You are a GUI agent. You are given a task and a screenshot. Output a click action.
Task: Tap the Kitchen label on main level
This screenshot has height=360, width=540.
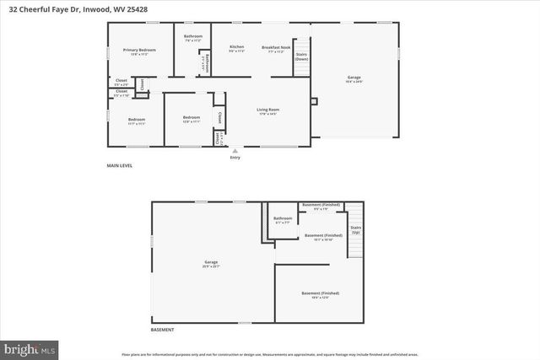[236, 48]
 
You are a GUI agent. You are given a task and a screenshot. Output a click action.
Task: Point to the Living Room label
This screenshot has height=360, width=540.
[268, 110]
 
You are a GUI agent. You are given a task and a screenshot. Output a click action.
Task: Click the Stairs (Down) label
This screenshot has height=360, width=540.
[301, 56]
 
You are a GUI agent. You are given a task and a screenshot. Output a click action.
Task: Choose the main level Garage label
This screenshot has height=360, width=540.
[354, 79]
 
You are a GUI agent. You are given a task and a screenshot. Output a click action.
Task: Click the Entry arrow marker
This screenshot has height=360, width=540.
[235, 151]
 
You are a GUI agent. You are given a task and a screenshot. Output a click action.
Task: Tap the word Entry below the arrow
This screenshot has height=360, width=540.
[235, 158]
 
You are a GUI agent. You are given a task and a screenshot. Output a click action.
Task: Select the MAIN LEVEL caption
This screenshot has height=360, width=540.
[119, 165]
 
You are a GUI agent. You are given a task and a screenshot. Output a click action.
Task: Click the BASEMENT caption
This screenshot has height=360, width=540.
[163, 330]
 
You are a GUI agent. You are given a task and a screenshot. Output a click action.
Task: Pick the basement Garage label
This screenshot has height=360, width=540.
[210, 263]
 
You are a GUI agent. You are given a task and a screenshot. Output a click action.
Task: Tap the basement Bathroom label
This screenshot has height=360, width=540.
[282, 219]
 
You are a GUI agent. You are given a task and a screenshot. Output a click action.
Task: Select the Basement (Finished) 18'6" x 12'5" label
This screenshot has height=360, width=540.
[321, 294]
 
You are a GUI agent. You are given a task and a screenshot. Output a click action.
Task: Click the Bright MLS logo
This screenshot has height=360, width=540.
[29, 347]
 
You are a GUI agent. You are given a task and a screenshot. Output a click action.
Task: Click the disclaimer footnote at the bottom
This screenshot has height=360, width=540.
[270, 354]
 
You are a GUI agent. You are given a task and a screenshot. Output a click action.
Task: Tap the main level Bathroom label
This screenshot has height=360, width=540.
[193, 36]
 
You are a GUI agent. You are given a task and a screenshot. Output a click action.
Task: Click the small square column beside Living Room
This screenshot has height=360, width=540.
[314, 103]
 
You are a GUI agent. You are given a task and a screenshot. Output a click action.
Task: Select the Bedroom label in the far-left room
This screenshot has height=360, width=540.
[137, 121]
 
